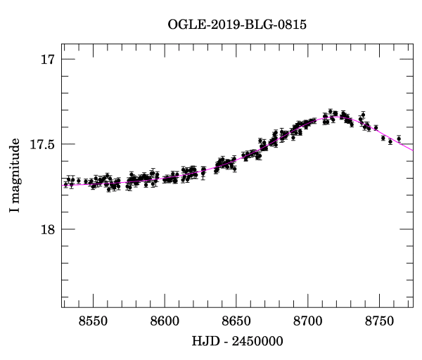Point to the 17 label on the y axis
coord(46,60)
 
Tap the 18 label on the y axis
coord(46,229)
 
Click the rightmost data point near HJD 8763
coord(399,138)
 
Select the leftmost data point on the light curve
coord(65,184)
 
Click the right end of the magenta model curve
coord(413,150)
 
